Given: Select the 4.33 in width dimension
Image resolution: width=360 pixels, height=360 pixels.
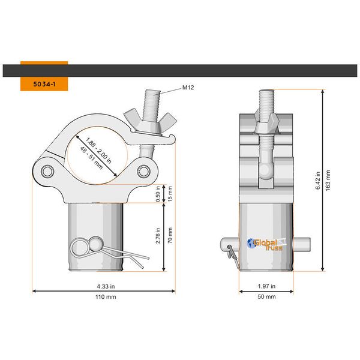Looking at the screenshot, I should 104,286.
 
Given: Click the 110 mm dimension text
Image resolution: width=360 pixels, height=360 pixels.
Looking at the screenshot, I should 104,297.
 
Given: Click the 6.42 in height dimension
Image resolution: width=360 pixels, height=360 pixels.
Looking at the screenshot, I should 319,179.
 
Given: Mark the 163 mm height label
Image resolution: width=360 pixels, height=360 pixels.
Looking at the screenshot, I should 328,179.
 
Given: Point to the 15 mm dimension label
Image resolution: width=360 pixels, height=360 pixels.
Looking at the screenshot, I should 170,193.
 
